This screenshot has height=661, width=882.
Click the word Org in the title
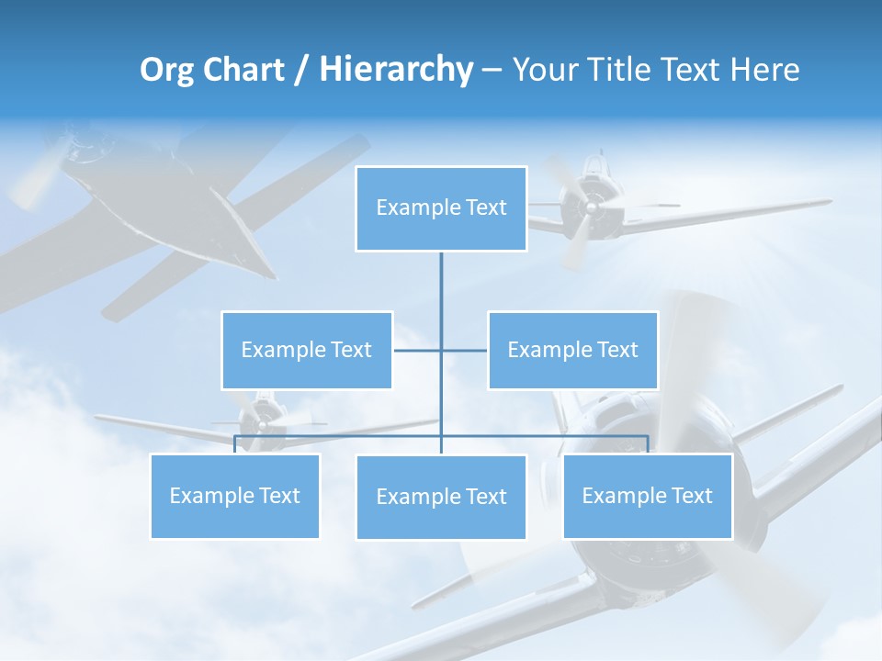[x=166, y=70]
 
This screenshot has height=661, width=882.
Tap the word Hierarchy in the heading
[x=395, y=70]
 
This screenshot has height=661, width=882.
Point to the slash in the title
[x=301, y=70]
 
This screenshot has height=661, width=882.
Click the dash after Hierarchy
[x=492, y=71]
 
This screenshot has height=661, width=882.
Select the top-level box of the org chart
[x=441, y=208]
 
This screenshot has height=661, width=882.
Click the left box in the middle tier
[x=307, y=350]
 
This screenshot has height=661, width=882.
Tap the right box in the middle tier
[x=572, y=350]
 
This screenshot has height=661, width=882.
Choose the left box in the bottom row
[x=235, y=496]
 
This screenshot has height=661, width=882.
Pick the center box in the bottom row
[x=441, y=497]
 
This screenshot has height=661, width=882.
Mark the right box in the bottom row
[x=648, y=496]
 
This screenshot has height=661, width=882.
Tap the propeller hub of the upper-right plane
[x=590, y=207]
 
